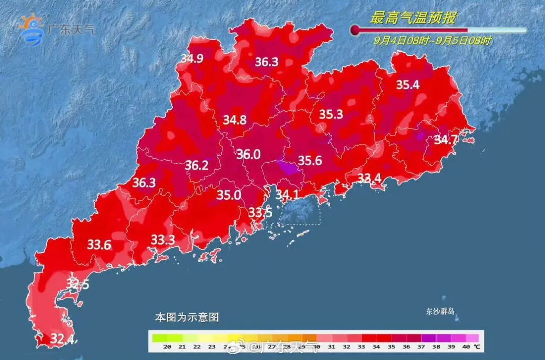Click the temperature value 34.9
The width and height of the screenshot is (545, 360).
[192, 58]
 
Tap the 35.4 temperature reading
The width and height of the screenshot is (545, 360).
[407, 85]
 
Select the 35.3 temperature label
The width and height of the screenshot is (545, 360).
[331, 115]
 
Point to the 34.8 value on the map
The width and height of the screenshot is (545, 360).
[235, 120]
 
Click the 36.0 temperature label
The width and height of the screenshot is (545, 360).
[248, 155]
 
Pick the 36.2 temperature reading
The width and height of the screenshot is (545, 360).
[196, 165]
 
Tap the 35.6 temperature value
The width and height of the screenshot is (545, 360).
[310, 161]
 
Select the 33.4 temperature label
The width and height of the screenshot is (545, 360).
[370, 178]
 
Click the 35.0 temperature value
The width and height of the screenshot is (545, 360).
[229, 195]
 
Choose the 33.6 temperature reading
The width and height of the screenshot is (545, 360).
[99, 245]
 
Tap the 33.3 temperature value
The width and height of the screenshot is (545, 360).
[163, 240]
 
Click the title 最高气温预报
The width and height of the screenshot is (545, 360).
[413, 19]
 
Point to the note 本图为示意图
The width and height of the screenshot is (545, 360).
[187, 318]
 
